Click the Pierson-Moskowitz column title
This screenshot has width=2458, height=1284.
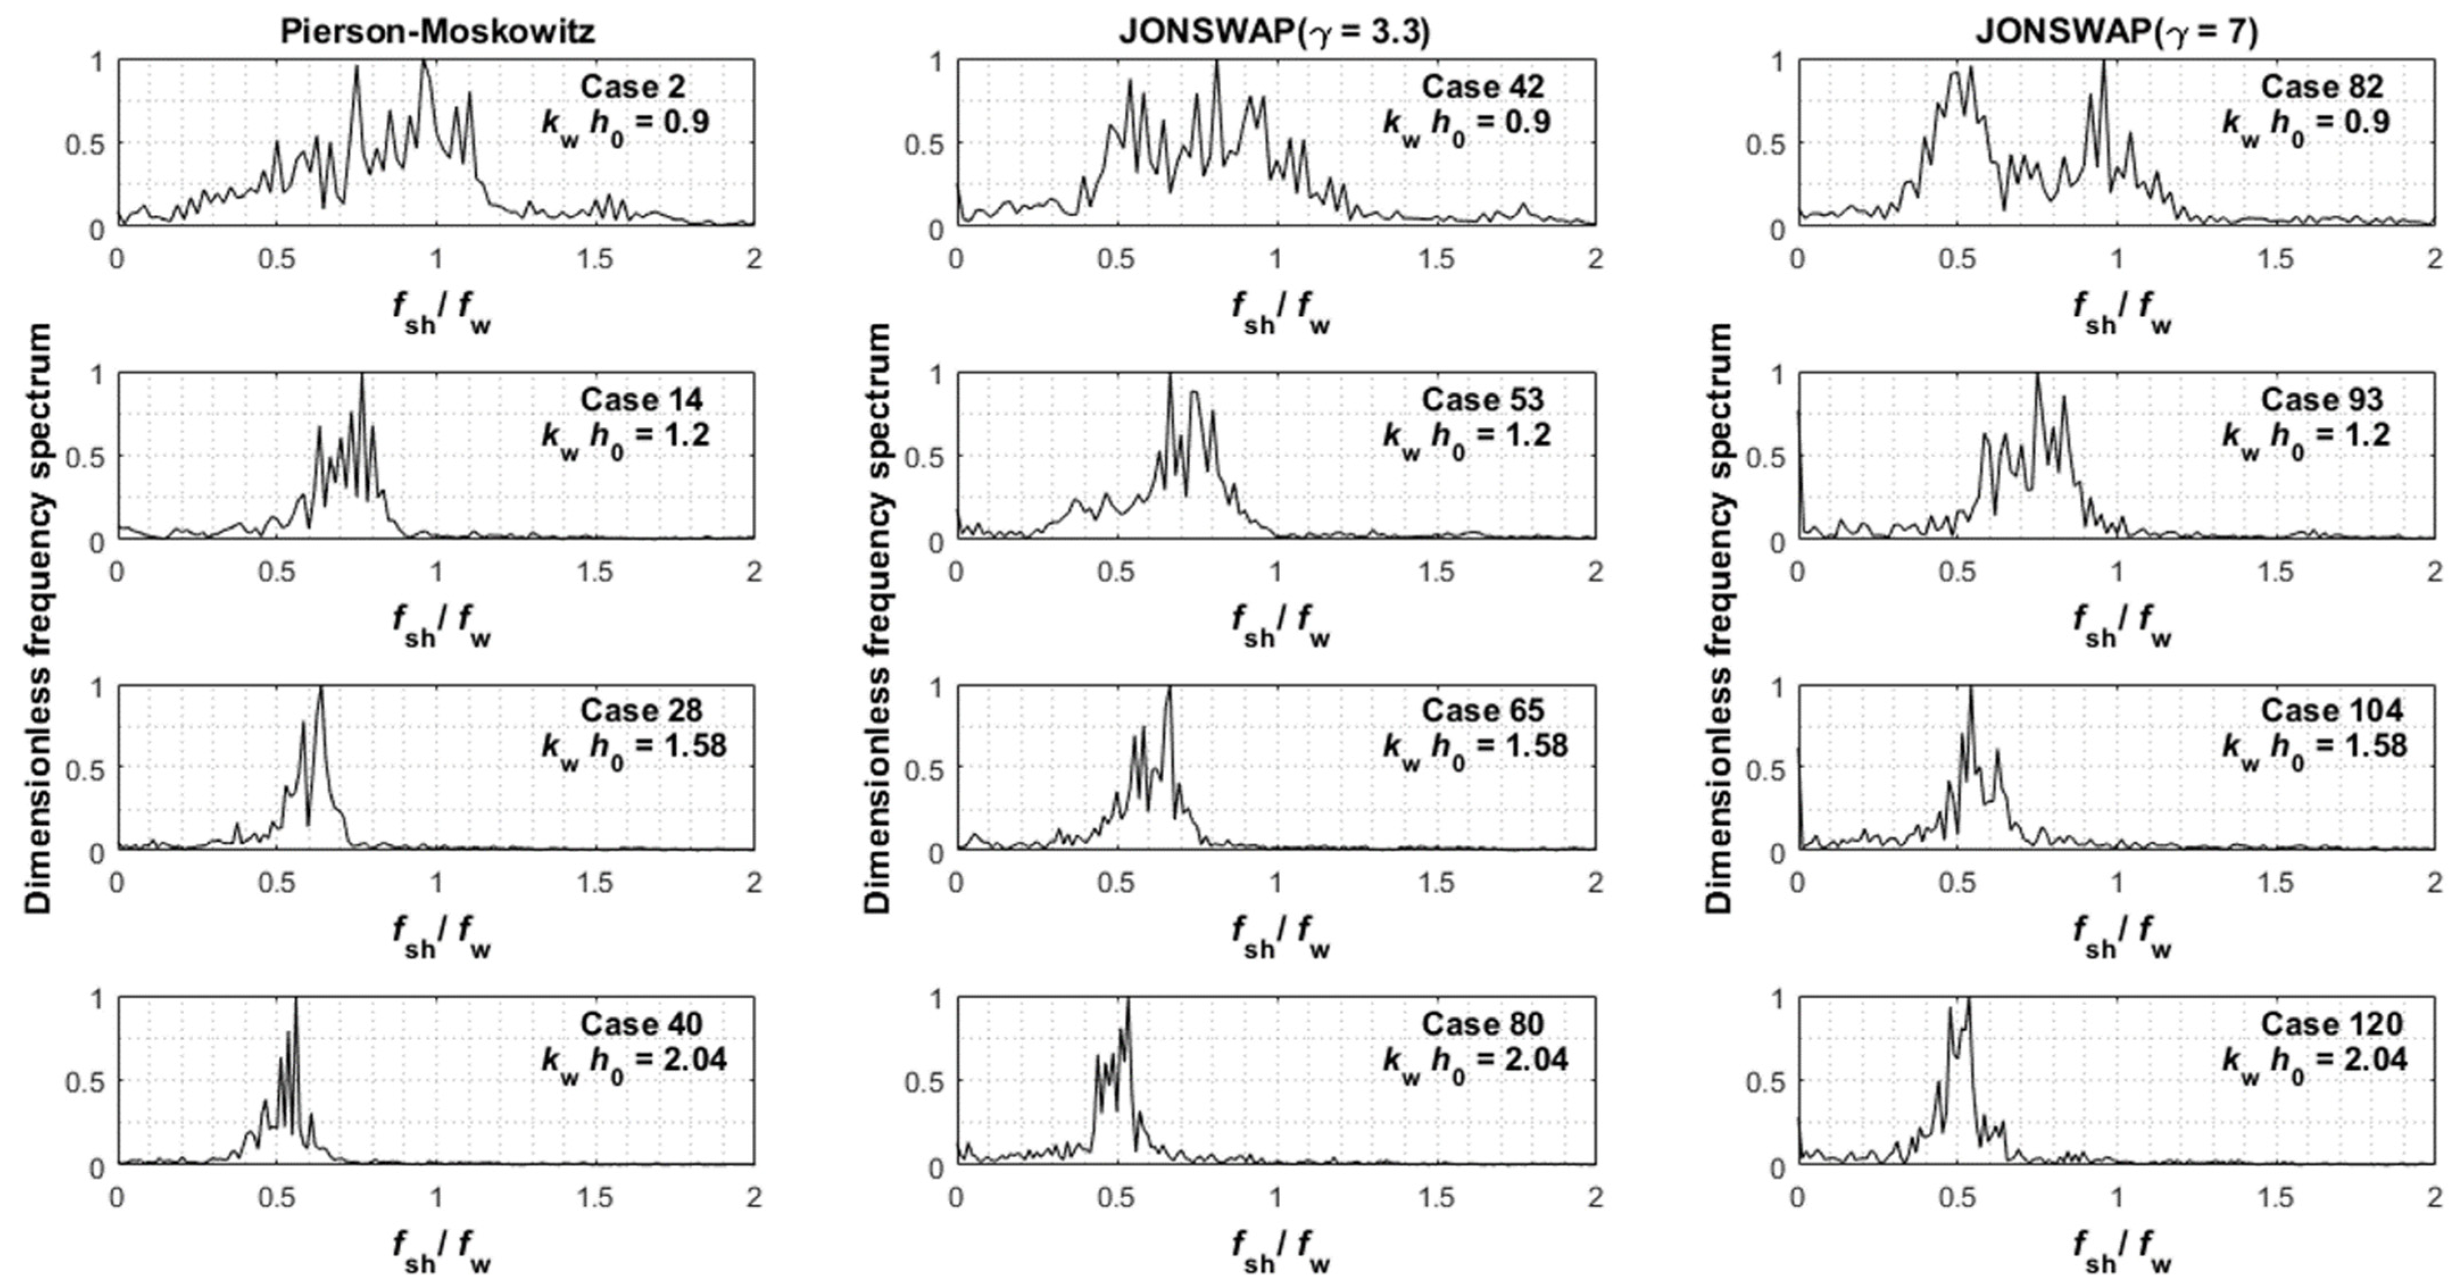[437, 31]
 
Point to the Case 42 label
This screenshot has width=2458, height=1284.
[1483, 87]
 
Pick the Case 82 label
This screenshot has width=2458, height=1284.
[2322, 87]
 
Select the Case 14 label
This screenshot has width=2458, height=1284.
[641, 399]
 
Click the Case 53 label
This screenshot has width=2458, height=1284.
[1483, 399]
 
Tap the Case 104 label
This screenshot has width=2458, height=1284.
[2331, 710]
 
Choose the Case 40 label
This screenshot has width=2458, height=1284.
[641, 1024]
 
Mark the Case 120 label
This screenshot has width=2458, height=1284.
[2331, 1024]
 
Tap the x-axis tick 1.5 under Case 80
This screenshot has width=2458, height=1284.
[1436, 1196]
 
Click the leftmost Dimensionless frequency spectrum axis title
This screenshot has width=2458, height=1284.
[38, 617]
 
